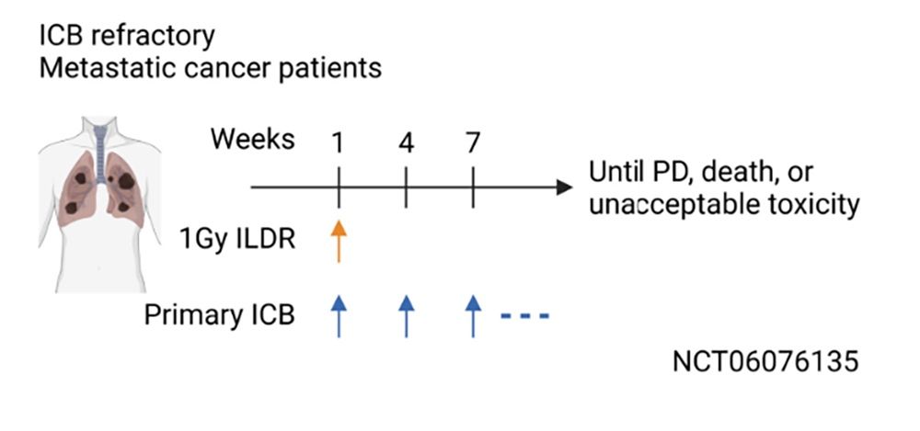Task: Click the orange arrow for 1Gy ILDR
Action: tap(339, 241)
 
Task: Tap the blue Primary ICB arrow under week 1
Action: tap(339, 316)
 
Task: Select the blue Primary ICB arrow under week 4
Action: tap(406, 316)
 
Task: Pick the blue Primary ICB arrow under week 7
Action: tap(473, 316)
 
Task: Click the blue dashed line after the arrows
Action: tap(524, 317)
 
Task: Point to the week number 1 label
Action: tap(338, 142)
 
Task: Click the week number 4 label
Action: tap(406, 142)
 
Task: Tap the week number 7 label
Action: tap(473, 142)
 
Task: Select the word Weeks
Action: tap(253, 140)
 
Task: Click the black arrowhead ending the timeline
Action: tap(564, 187)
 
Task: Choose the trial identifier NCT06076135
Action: tap(765, 361)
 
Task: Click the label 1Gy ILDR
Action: tap(237, 240)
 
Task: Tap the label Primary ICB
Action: tap(220, 316)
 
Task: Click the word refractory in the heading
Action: tap(153, 37)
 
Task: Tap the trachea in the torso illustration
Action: tap(101, 153)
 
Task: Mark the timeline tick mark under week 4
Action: tap(406, 187)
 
